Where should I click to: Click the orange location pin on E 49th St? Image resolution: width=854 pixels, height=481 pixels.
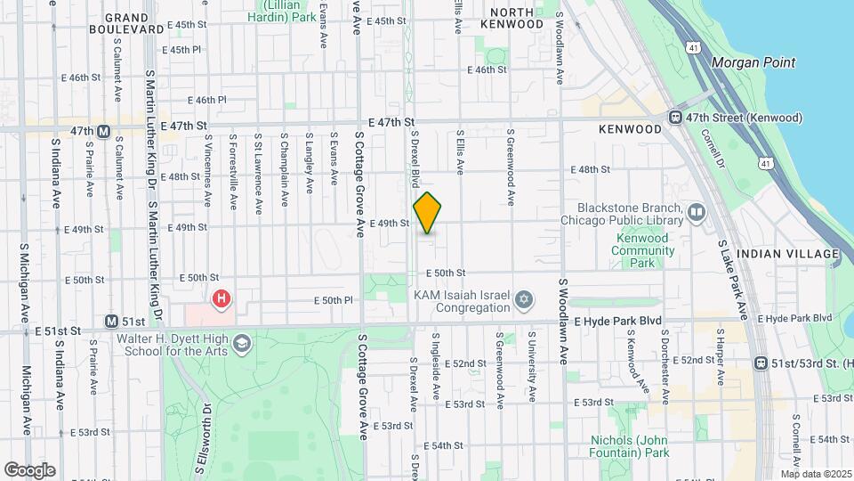click(427, 213)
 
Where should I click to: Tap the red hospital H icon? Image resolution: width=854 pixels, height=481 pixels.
click(220, 299)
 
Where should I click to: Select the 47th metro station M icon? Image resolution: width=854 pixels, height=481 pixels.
click(103, 131)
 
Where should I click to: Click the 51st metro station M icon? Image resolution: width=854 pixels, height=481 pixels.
click(111, 321)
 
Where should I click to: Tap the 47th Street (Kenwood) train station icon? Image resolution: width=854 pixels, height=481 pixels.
click(675, 118)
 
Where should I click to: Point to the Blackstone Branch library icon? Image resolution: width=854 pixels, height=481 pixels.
click(696, 212)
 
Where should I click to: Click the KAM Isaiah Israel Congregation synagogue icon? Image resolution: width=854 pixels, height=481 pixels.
click(524, 299)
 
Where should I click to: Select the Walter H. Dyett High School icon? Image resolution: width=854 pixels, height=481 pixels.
click(241, 343)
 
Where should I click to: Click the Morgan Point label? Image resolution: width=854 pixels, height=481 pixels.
click(753, 63)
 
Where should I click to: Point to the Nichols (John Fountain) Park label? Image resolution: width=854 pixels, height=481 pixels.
click(629, 446)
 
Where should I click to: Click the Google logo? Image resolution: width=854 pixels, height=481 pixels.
click(29, 469)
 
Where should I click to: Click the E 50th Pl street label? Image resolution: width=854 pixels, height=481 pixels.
click(334, 301)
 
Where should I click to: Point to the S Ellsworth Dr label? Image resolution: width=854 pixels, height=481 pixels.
click(203, 442)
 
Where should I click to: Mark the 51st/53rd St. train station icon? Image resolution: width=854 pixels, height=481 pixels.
click(761, 363)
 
